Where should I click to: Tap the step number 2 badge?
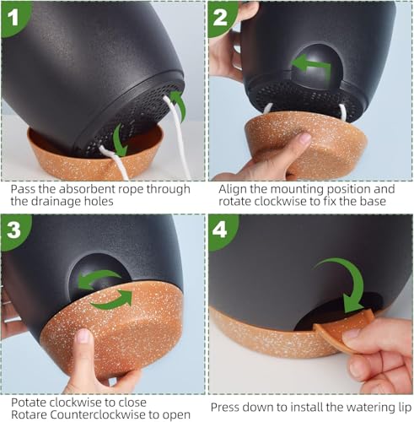coord(221,18)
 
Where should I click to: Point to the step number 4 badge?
coord(221,230)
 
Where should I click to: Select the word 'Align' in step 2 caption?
coord(232,190)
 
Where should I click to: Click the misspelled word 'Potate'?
coord(29,403)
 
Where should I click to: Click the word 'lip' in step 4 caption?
coord(404,408)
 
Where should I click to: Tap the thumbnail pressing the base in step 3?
coord(83,336)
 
